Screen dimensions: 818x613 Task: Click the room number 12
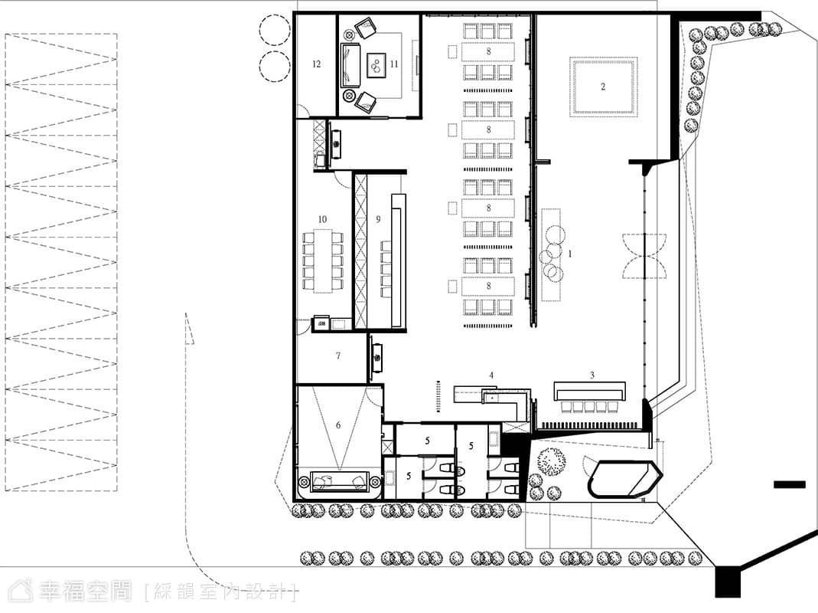point(316,64)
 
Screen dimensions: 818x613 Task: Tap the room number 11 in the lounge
point(394,64)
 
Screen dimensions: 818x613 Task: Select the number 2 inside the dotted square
point(603,87)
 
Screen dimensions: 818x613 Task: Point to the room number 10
point(322,219)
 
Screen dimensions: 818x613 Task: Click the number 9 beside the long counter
point(378,219)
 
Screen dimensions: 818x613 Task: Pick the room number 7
point(338,356)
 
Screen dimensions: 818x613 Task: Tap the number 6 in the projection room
point(338,425)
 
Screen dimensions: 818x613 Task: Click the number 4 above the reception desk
point(491,375)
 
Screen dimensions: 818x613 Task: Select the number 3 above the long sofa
point(592,375)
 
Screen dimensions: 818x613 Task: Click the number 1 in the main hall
point(569,254)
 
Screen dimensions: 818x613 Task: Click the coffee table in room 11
point(376,65)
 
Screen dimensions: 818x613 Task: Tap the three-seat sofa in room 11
point(350,65)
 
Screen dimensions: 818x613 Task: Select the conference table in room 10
point(322,261)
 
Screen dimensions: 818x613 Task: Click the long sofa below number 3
point(589,392)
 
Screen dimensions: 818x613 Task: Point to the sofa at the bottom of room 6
point(339,481)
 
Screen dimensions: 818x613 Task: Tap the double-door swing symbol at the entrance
point(645,256)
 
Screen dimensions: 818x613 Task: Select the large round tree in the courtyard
point(552,461)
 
